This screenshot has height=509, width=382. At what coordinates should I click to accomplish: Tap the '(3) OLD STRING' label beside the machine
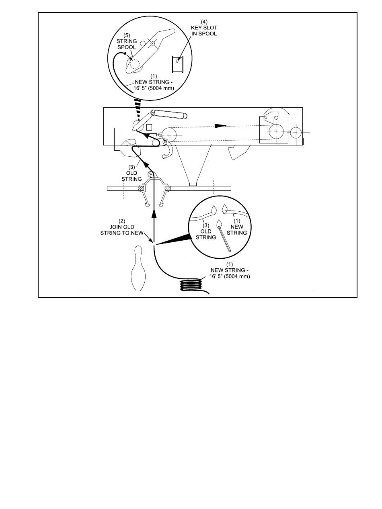(x=132, y=173)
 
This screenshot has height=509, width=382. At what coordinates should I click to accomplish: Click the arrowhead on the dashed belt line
(x=219, y=126)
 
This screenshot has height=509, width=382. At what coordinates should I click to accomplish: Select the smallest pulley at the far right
(x=296, y=132)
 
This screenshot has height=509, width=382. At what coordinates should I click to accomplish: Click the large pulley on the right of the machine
(x=276, y=131)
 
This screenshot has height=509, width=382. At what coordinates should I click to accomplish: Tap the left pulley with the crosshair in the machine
(x=168, y=135)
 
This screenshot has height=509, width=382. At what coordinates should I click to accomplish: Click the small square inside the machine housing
(x=149, y=127)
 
